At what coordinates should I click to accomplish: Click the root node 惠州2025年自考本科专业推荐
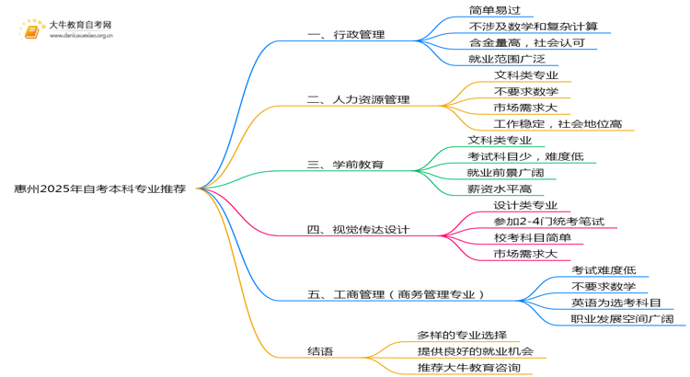coord(100,188)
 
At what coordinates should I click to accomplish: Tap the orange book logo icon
coord(31,30)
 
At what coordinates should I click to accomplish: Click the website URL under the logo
coord(81,36)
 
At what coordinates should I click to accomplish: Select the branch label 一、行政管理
coord(346,34)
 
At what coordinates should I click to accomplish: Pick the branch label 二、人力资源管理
coord(358,99)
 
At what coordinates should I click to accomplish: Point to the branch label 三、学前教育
coord(345,165)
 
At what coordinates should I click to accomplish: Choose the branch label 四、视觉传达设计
coord(358,230)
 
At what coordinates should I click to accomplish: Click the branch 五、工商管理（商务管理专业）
coord(396,295)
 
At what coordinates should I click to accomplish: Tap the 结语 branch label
coord(320,351)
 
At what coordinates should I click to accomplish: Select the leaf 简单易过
coord(495,10)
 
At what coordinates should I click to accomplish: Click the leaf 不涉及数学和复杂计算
coord(534,27)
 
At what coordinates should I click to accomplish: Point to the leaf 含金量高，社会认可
coord(527,42)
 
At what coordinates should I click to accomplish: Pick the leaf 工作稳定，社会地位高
coord(558,124)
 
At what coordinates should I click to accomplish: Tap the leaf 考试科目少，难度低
coord(525,156)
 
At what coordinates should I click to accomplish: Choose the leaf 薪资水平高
coord(500,189)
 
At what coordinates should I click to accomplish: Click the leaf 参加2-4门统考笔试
coord(548,222)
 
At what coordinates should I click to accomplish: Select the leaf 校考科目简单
coord(533,238)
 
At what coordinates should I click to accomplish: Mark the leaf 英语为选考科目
coord(616,303)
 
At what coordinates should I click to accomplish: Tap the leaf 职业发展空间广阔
coord(622,319)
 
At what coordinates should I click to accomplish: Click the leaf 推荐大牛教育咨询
coord(468,368)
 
